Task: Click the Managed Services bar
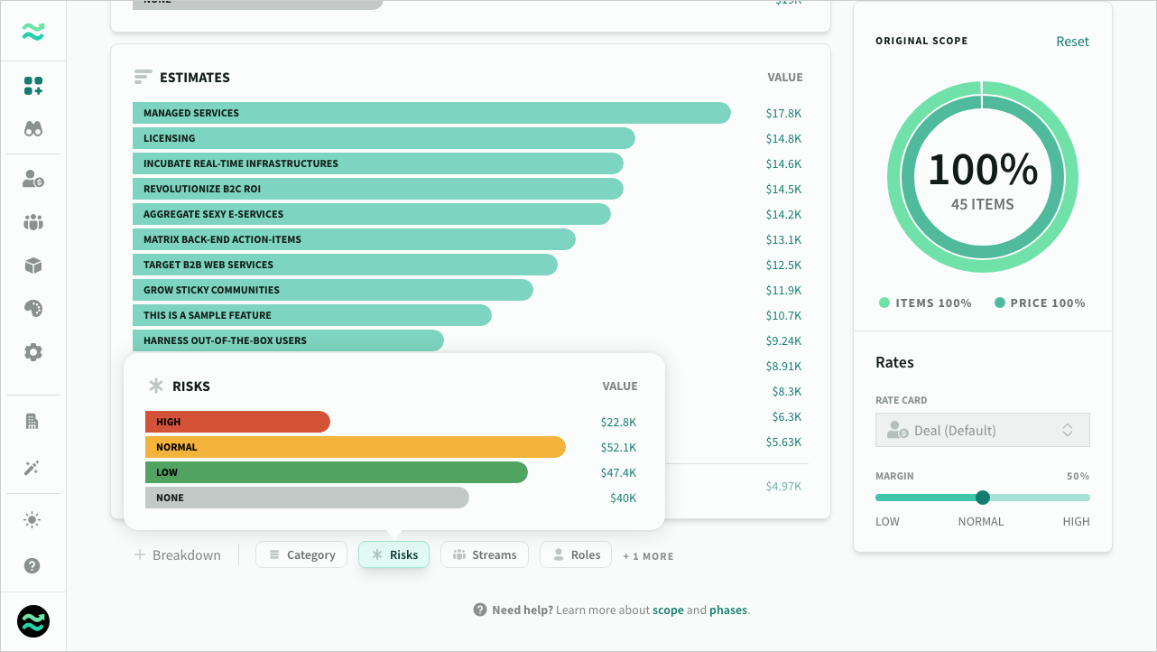click(431, 113)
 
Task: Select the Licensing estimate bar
click(384, 138)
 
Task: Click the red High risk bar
click(237, 422)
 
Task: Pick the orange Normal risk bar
click(355, 447)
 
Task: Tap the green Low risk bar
click(336, 472)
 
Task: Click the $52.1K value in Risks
click(618, 447)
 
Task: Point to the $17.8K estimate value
click(783, 113)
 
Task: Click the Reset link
click(1072, 42)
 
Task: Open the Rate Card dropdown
click(982, 430)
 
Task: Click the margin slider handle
click(983, 498)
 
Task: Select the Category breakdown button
click(301, 554)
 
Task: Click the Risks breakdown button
click(393, 554)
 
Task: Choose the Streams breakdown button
click(485, 554)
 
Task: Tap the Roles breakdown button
click(576, 554)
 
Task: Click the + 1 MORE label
click(648, 556)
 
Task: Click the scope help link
click(668, 610)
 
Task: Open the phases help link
click(727, 610)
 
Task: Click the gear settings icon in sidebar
click(33, 352)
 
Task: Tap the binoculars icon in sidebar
click(33, 129)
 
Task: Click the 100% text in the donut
click(982, 169)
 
